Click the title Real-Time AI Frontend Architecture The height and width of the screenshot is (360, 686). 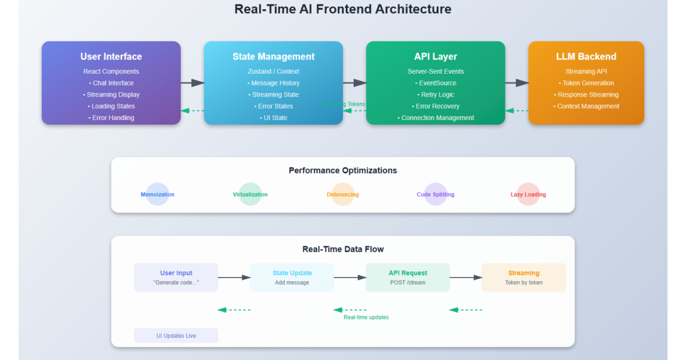[x=343, y=9]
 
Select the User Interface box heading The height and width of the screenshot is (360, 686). [x=111, y=57]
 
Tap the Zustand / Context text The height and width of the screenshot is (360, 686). [x=273, y=71]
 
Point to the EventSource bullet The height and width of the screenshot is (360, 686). [x=436, y=83]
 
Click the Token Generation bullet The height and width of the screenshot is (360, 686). [x=586, y=83]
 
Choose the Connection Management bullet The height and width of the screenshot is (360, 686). [x=436, y=118]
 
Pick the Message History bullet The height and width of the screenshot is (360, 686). [x=273, y=83]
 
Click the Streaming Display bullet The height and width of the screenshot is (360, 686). [x=111, y=94]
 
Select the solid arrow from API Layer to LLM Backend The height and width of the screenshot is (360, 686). [x=517, y=83]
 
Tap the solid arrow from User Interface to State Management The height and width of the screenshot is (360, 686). [x=192, y=83]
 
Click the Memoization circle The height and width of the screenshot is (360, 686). [x=158, y=194]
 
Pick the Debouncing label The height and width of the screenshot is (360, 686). [x=343, y=194]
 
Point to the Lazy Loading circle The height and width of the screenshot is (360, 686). [x=528, y=194]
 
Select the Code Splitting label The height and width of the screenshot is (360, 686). [x=436, y=194]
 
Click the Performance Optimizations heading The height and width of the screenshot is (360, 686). [x=343, y=170]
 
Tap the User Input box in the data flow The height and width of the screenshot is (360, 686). [x=176, y=277]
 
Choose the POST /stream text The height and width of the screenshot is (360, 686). [x=408, y=282]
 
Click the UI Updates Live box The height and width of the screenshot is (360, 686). [x=176, y=335]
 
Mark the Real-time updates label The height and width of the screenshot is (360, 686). [x=366, y=317]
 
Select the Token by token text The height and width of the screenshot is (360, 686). [x=524, y=282]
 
